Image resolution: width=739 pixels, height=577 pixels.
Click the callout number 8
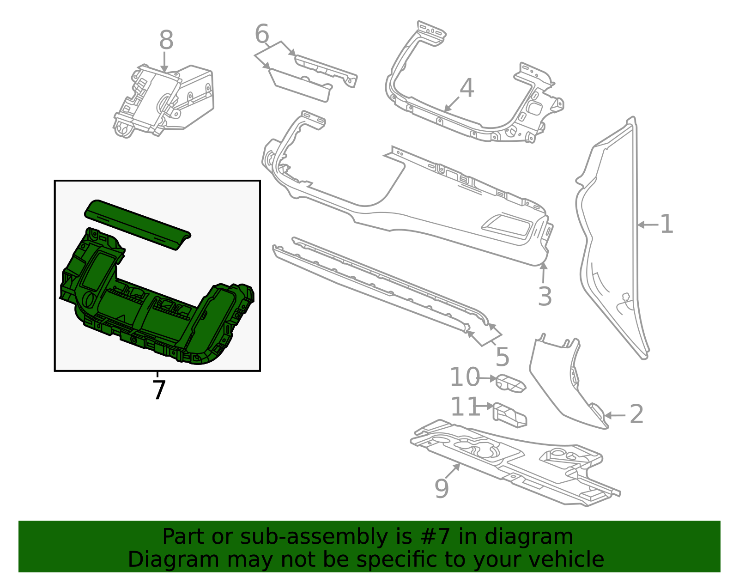click(166, 41)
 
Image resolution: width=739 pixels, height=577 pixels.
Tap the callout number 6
click(262, 34)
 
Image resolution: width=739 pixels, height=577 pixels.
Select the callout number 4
click(466, 88)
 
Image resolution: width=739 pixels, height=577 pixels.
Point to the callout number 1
click(666, 225)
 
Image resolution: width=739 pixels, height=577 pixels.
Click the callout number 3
click(545, 297)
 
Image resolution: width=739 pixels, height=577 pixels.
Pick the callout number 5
click(503, 357)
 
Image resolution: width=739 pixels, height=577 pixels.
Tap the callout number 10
click(465, 377)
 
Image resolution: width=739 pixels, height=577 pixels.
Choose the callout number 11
click(465, 407)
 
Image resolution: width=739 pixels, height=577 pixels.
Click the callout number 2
click(636, 414)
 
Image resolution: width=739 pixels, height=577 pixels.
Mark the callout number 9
click(442, 489)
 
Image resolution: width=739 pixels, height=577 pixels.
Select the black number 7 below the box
click(158, 391)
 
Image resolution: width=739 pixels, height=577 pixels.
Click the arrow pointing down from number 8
click(164, 62)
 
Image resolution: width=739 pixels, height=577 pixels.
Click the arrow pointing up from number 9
click(453, 471)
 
